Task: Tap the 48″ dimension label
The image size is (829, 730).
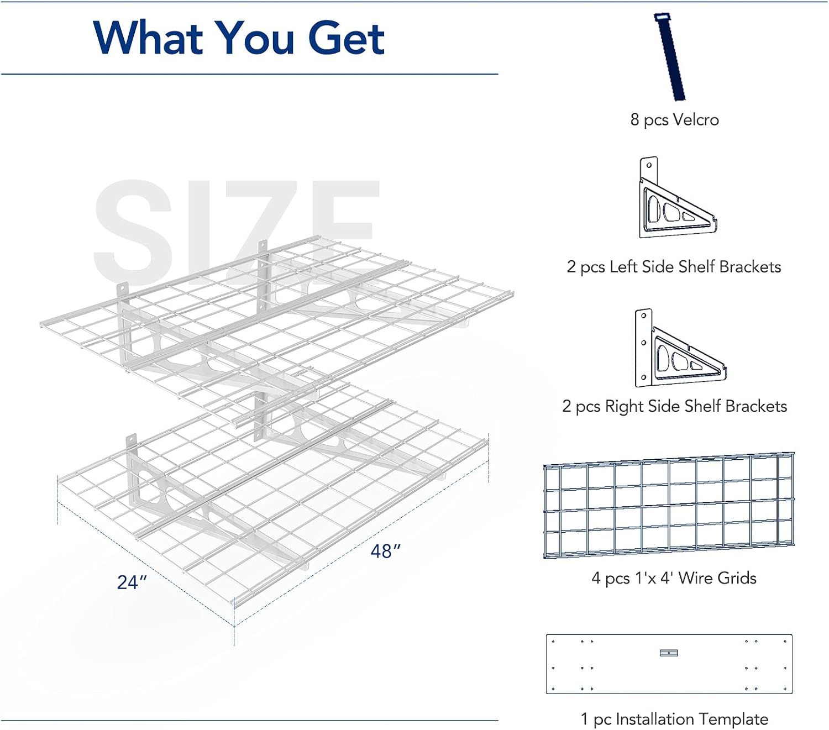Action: coord(385,551)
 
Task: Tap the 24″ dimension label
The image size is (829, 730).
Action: coord(132,582)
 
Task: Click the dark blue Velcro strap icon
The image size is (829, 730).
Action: coord(671,57)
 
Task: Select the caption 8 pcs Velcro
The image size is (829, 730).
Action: coord(674,120)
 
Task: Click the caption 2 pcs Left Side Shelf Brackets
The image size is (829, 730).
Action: coord(674,267)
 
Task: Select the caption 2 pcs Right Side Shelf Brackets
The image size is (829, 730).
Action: coord(674,406)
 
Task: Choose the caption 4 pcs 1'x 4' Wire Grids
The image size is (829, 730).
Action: coord(674,578)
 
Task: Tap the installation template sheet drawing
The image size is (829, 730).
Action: coord(669,664)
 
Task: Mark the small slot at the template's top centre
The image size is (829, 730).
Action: coord(669,653)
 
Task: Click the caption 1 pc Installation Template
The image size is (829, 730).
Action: coord(674,719)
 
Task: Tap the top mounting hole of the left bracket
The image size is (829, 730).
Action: coord(649,165)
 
